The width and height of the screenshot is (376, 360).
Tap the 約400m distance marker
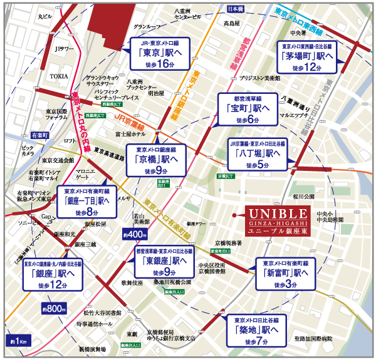click(133, 234)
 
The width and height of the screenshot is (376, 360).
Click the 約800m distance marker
click(53, 308)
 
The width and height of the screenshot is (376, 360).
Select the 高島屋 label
click(232, 23)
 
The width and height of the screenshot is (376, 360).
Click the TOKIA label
click(59, 76)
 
